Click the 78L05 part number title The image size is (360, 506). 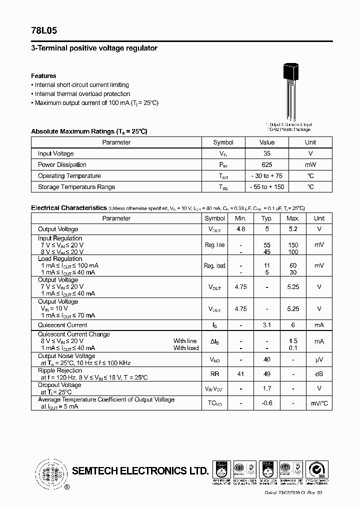pos(44,30)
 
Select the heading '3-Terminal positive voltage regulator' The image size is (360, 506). pos(94,48)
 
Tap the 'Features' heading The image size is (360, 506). pos(43,76)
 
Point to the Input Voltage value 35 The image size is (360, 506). pos(267,153)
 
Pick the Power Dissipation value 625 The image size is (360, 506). pos(267,164)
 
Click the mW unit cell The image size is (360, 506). pos(310,164)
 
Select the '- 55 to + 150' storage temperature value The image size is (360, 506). pos(267,187)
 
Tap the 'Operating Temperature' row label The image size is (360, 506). pos(69,176)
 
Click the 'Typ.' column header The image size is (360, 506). pos(267,218)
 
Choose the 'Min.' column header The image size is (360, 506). pos(240,218)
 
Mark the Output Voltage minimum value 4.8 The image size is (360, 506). pos(240,229)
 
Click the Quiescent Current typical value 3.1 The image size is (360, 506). pos(267,325)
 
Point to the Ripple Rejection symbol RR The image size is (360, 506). pos(214,374)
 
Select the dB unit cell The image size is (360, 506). pos(319,374)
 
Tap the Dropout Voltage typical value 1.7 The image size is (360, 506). pos(267,388)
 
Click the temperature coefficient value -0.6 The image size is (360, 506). pos(267,403)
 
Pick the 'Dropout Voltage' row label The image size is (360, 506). pos(59,385)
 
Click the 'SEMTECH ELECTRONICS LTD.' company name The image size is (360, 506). pos(140,471)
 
